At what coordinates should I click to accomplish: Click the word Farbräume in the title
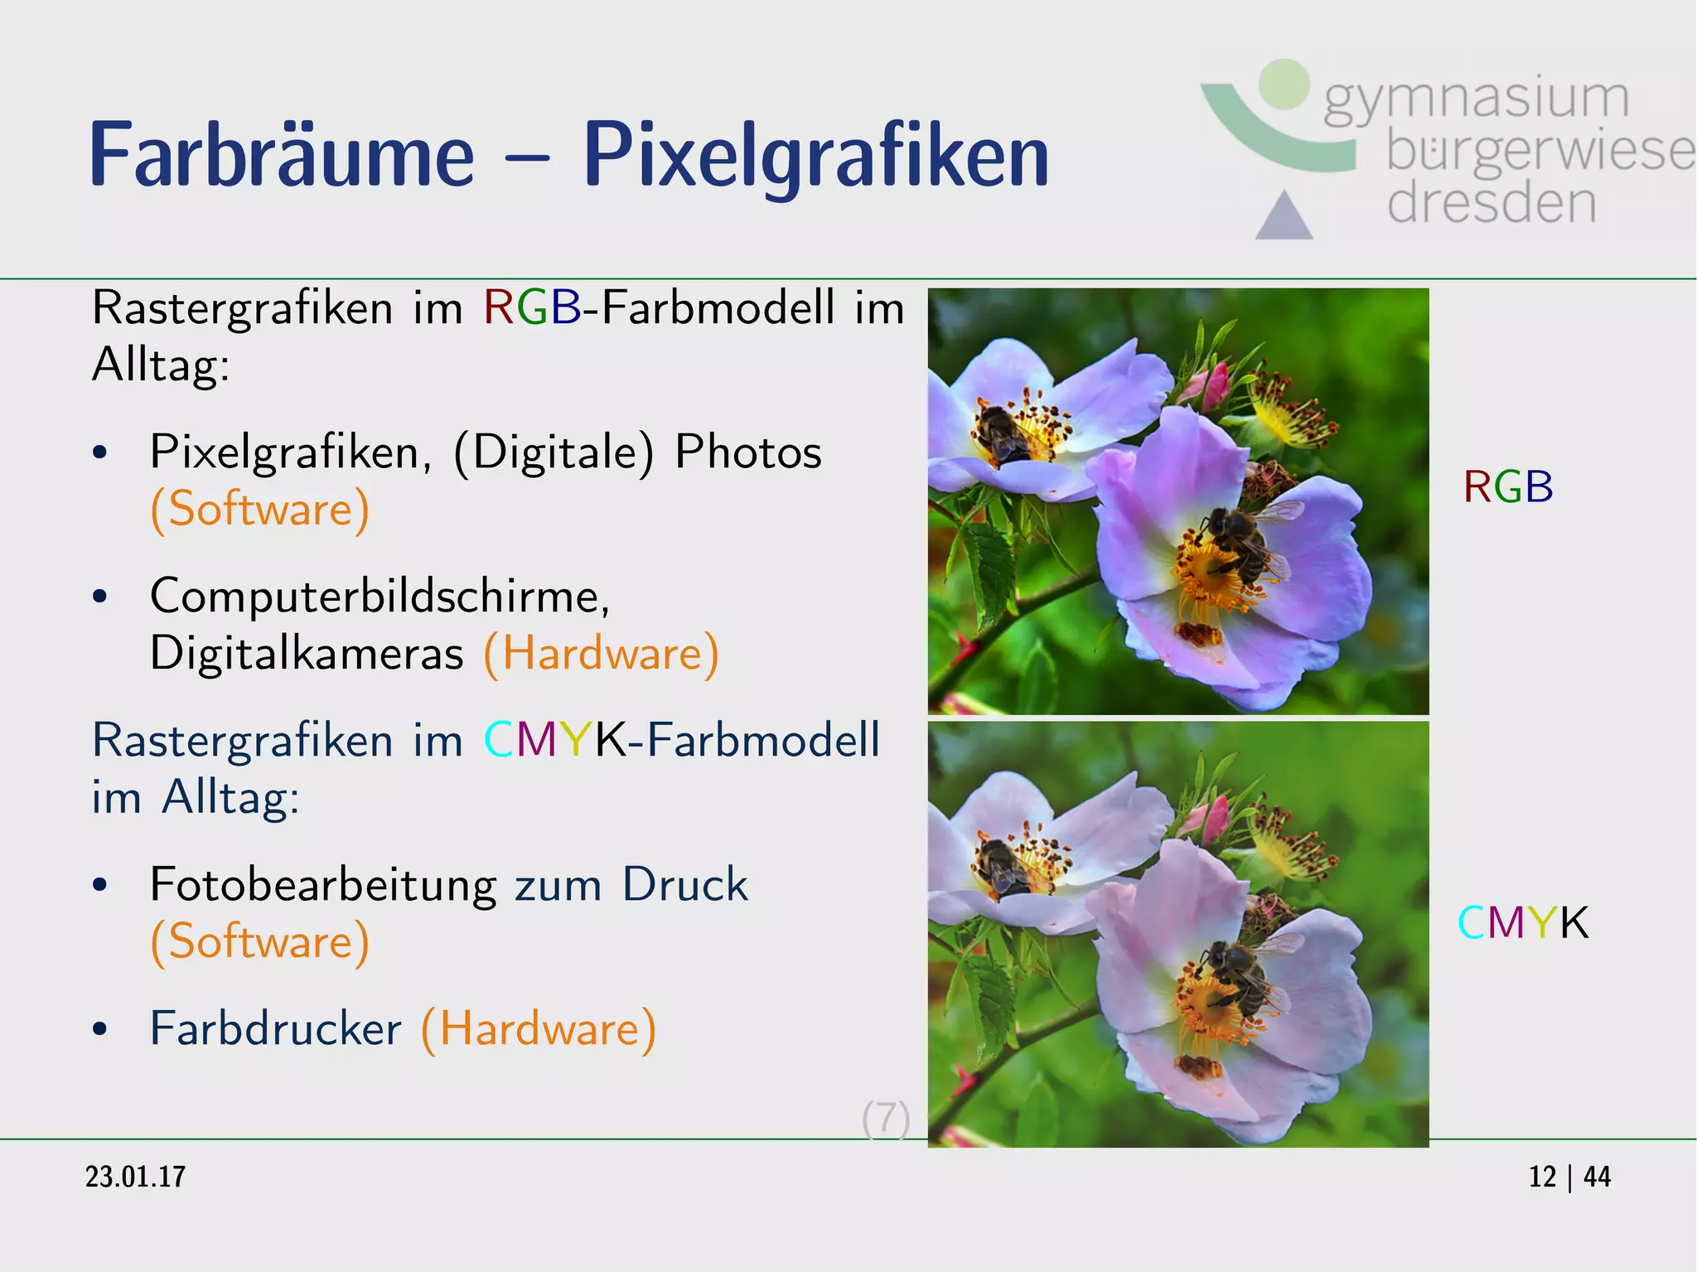282,155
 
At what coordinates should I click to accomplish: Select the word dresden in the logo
1492,203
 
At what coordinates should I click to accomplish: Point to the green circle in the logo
1284,84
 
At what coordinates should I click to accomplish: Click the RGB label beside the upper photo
1508,487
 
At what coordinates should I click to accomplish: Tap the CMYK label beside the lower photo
1523,922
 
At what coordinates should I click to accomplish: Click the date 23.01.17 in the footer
136,1177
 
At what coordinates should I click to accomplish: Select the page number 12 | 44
1569,1177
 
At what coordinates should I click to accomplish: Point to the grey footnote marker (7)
886,1119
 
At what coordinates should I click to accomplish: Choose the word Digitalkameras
307,653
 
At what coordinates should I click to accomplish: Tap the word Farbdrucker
275,1029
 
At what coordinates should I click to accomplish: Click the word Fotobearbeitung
323,885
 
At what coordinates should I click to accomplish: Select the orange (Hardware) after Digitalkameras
602,653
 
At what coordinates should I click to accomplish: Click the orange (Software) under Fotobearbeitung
260,942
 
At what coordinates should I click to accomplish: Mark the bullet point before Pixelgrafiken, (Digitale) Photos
100,453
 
